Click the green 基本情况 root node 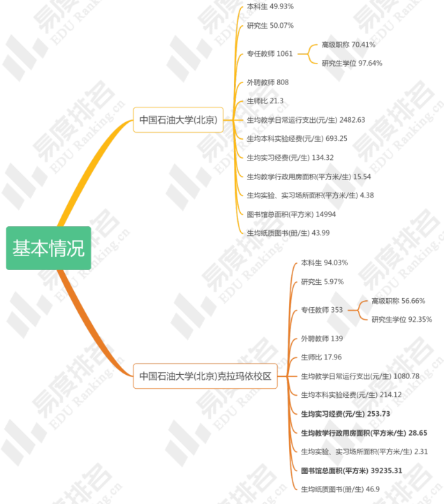[48, 248]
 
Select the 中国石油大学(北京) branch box [178, 119]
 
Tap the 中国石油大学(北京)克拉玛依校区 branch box [205, 376]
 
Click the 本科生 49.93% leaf [270, 6]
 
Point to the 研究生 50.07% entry [270, 26]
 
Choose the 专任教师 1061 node [269, 54]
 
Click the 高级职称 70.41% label [348, 45]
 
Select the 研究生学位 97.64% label [352, 64]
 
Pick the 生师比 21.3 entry [265, 101]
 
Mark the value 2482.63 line [306, 120]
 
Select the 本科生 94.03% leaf [324, 263]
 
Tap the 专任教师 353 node [322, 310]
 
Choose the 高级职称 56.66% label [398, 301]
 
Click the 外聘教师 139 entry [322, 339]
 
